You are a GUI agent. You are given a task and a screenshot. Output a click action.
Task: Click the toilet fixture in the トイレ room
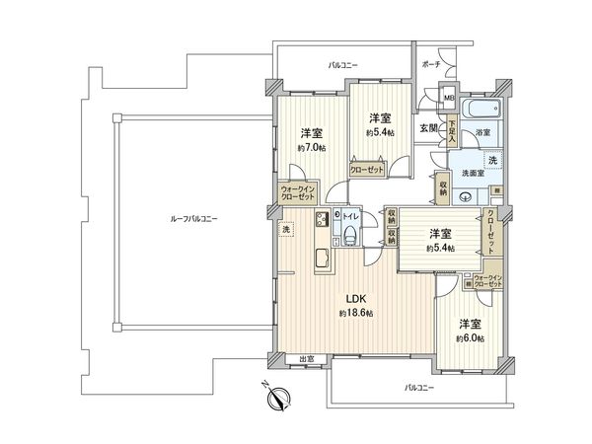click(x=349, y=233)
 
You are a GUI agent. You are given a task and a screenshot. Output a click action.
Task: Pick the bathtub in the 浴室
click(x=481, y=109)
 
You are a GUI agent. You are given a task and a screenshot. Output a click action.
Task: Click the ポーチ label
click(x=432, y=62)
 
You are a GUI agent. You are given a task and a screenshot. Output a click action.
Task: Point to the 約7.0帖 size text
click(x=315, y=147)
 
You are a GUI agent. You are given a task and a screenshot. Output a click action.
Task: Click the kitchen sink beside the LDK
click(x=322, y=259)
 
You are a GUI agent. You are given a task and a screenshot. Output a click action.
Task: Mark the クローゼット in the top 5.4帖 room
click(x=368, y=168)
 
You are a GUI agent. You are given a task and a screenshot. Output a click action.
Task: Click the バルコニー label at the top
click(x=343, y=64)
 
